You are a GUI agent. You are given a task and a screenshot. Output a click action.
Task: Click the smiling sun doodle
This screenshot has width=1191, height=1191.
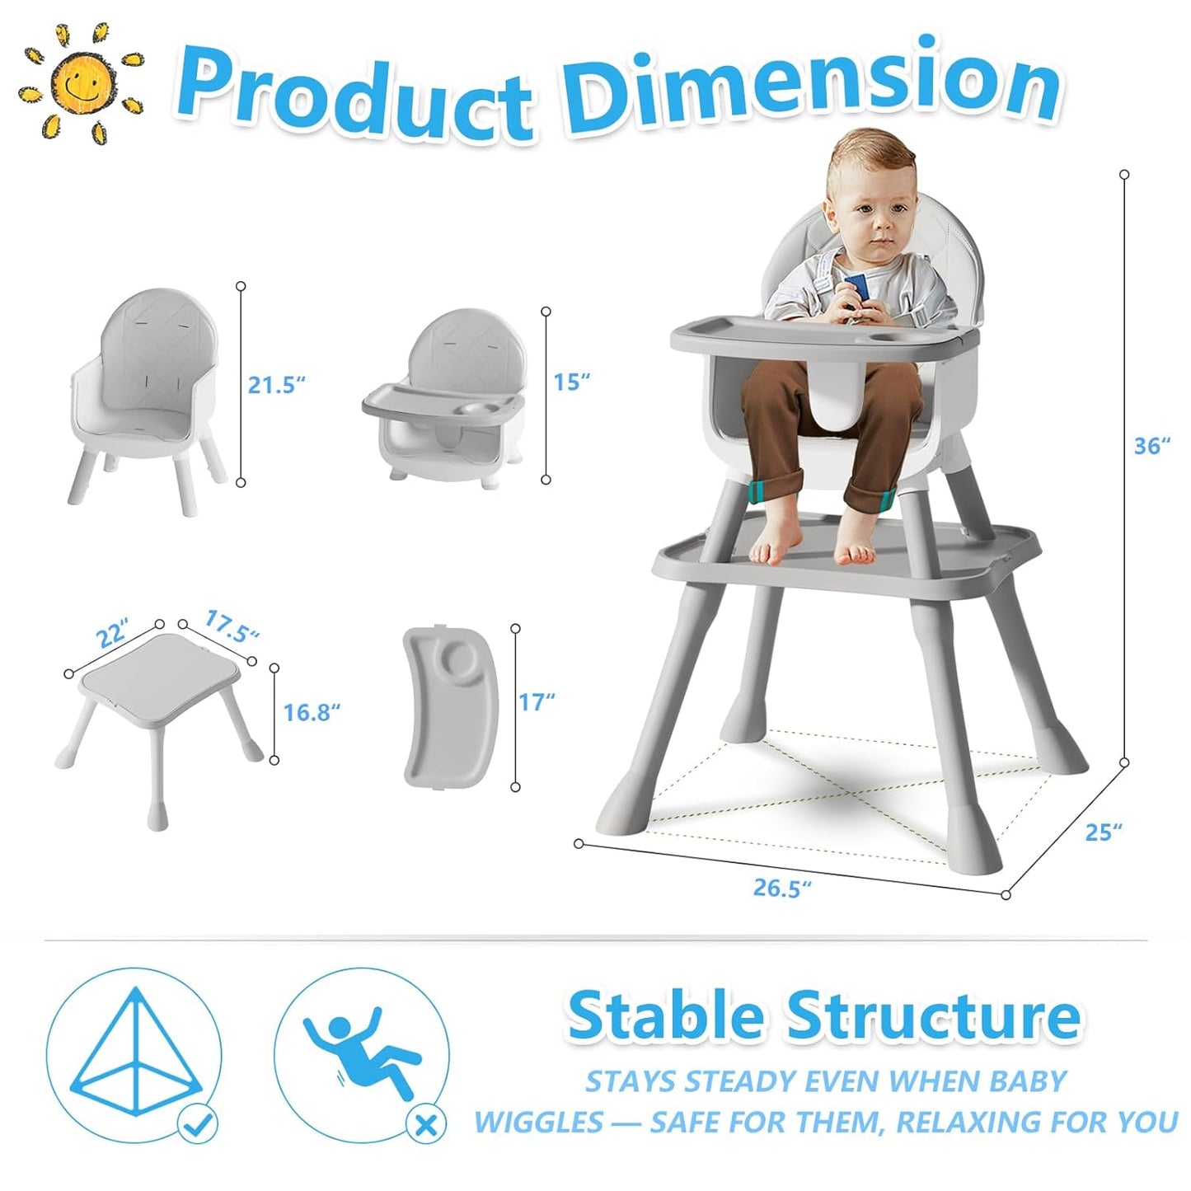(80, 83)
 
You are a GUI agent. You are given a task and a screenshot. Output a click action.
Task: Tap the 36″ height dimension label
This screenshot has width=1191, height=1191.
(1151, 446)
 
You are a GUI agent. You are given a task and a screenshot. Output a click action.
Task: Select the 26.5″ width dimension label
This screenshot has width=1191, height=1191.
(781, 888)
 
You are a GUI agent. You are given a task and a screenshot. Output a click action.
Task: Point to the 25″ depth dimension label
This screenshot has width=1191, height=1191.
(1103, 832)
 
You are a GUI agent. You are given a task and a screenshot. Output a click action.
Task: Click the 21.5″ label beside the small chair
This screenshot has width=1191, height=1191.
(276, 384)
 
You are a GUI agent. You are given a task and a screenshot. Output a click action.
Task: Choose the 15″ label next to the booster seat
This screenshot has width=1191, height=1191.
(571, 382)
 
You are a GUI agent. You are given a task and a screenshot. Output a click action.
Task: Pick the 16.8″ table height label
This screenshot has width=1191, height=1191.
(311, 712)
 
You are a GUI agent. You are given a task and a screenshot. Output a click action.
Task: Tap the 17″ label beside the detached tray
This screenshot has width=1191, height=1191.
(537, 702)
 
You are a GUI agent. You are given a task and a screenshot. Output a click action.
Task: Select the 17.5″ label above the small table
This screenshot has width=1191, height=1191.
(232, 627)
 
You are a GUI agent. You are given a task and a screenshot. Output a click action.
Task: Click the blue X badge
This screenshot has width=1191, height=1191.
(426, 1124)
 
